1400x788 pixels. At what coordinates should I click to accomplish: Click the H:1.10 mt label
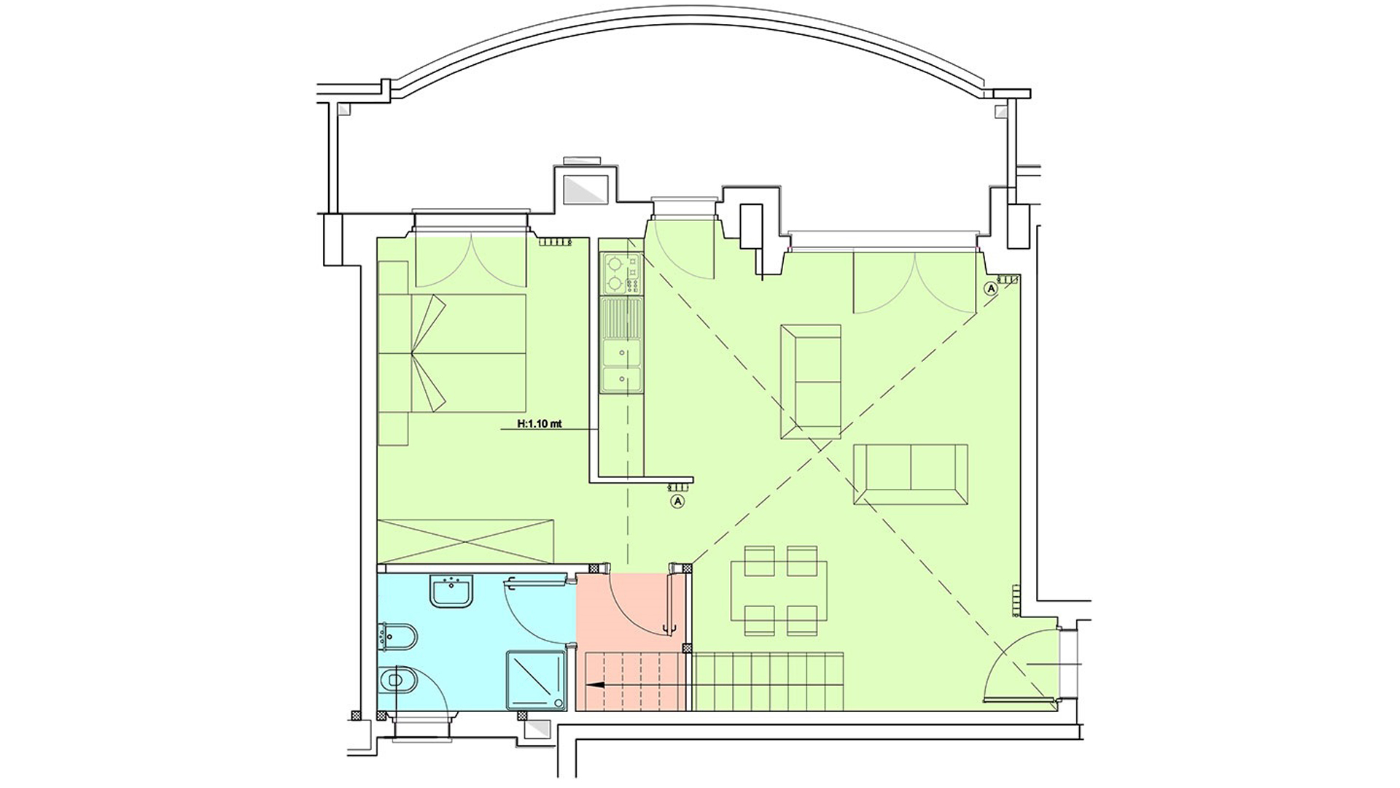coord(539,422)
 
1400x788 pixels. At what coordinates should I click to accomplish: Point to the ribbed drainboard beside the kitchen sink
coord(621,319)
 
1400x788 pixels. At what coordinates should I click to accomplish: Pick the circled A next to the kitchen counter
coord(677,501)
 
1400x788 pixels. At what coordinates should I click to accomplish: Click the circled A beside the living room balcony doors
coord(990,288)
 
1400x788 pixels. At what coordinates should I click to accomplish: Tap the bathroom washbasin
coord(453,590)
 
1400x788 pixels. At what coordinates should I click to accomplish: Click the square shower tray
coord(537,679)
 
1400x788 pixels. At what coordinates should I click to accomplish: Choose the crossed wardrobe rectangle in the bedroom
coord(466,541)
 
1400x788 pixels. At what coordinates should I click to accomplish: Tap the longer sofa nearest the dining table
coord(911,474)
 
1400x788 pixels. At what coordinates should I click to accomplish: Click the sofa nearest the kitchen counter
coord(810,382)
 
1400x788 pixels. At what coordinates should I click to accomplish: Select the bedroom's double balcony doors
coord(471,260)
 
